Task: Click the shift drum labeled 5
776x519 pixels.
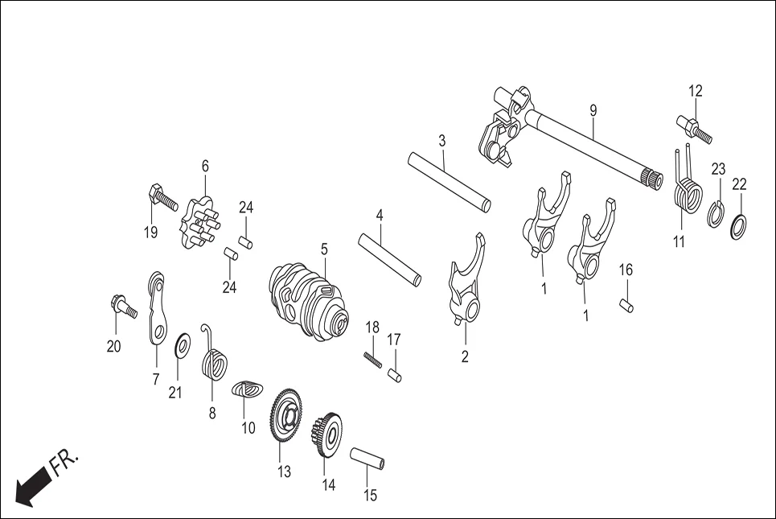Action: tap(310, 295)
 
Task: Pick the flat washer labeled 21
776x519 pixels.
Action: tap(183, 346)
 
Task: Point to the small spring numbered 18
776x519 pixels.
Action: tap(372, 359)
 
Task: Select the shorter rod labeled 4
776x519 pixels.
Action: tap(390, 258)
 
